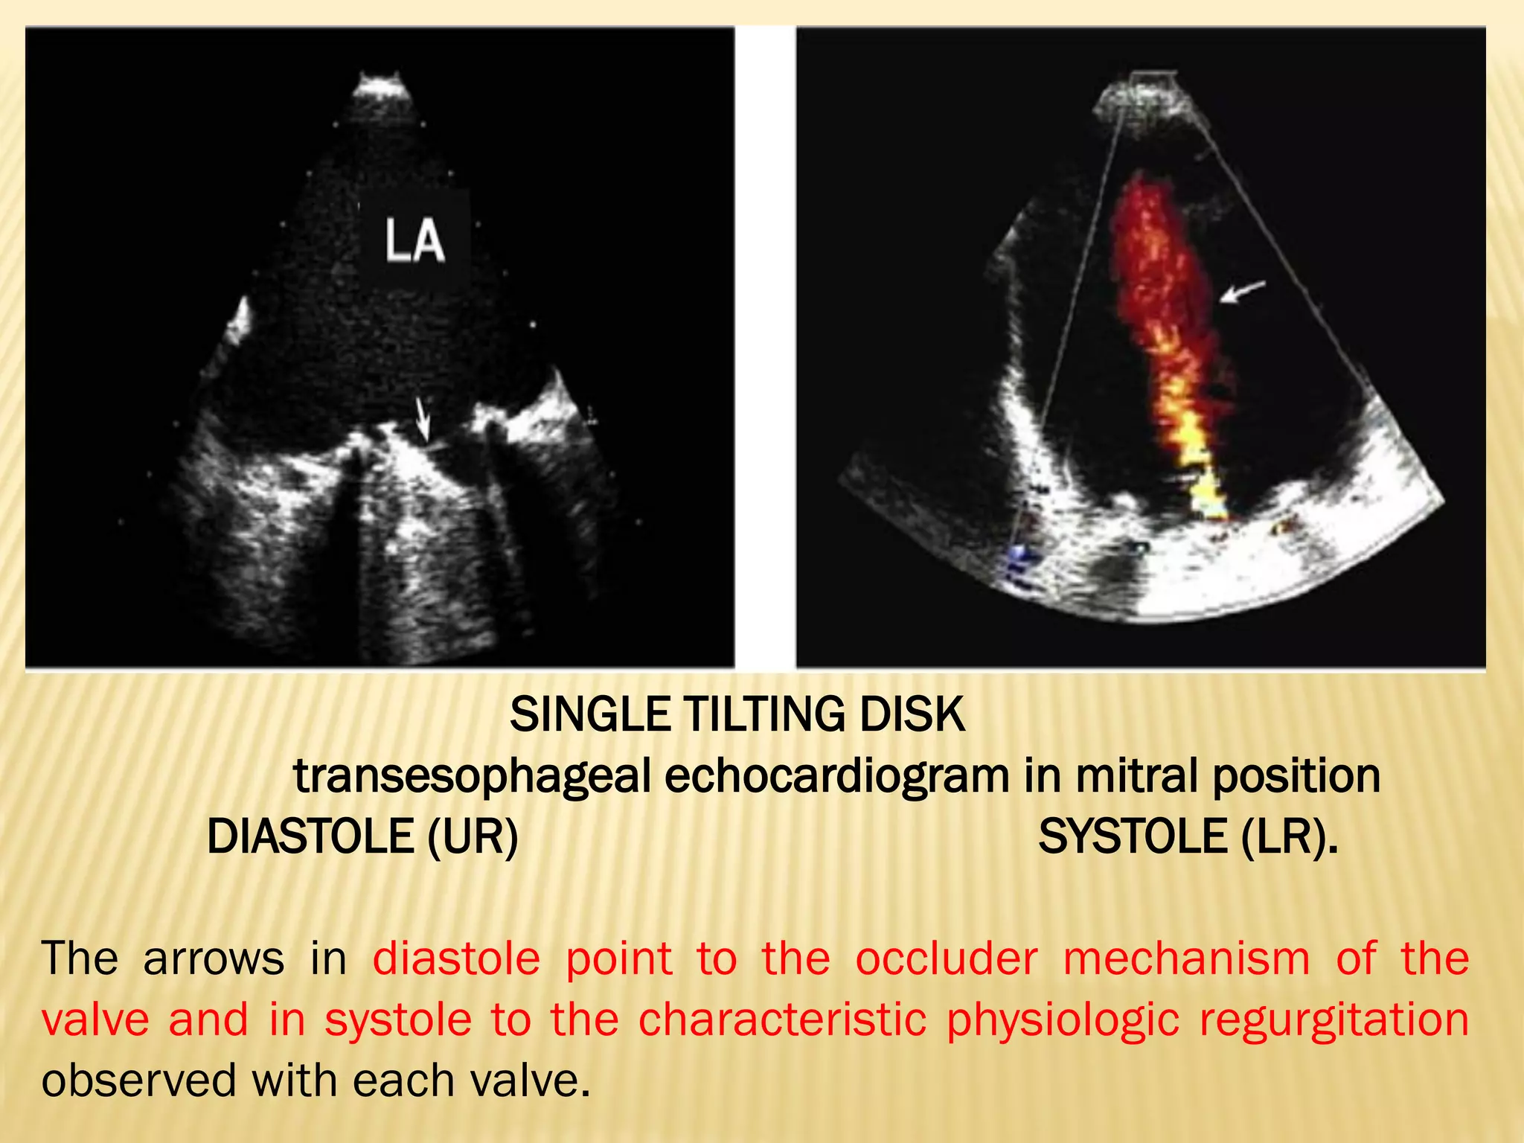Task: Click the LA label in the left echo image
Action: [414, 241]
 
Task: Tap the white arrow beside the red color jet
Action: [1243, 291]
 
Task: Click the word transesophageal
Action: [472, 777]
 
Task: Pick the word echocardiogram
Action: [836, 777]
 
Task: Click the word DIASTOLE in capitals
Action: [310, 836]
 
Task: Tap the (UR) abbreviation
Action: [473, 836]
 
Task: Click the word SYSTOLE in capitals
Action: [1133, 836]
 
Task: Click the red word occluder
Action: [946, 958]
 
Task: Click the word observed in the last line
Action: [138, 1080]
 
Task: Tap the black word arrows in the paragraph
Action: [214, 958]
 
